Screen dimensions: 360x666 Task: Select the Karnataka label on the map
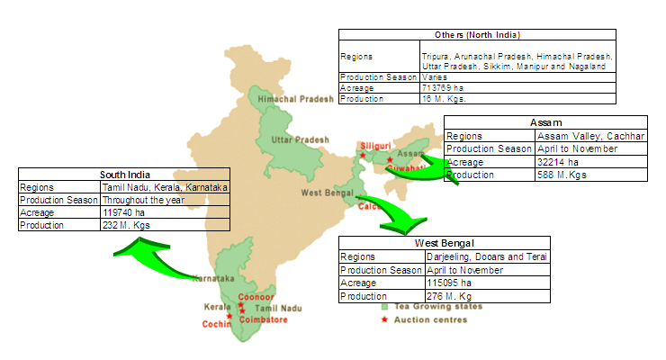[211, 278]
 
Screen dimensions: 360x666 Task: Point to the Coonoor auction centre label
[256, 297]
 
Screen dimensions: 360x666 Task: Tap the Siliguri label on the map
[374, 145]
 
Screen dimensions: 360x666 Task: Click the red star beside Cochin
[230, 316]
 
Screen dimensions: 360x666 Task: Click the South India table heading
[124, 175]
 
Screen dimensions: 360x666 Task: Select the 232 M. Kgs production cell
[126, 225]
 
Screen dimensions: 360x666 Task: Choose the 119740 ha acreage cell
[123, 212]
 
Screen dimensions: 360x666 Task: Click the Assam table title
[545, 122]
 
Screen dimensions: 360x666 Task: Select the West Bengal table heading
[445, 243]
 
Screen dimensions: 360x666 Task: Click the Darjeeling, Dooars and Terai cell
[487, 256]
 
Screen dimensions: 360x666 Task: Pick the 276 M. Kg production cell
[448, 295]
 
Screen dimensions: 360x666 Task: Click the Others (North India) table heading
[477, 35]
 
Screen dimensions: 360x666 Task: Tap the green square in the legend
[384, 307]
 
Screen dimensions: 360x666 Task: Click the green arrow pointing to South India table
[166, 260]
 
